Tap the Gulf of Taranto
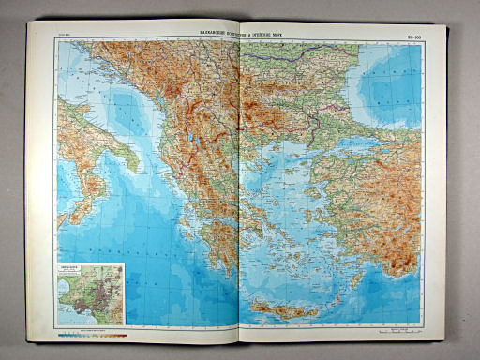108,169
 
